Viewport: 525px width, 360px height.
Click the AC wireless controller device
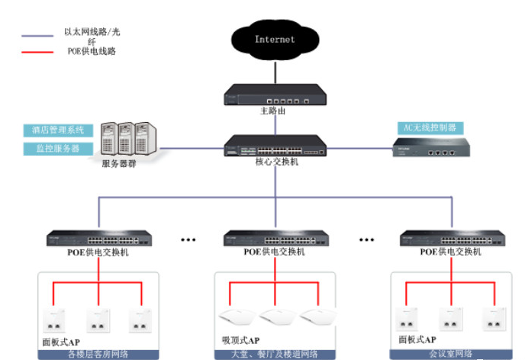point(432,147)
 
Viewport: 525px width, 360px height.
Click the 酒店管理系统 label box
point(58,130)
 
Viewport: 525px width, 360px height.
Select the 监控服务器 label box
point(58,148)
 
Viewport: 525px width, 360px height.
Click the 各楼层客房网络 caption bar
point(98,354)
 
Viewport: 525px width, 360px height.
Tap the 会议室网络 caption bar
point(452,354)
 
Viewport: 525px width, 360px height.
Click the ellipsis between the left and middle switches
point(188,239)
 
